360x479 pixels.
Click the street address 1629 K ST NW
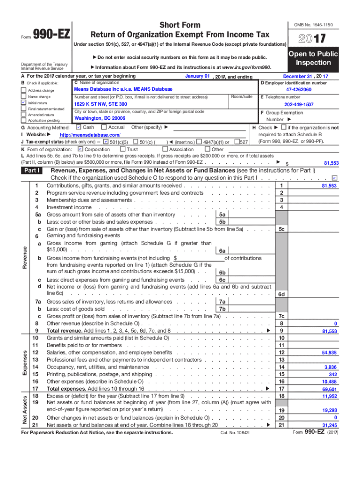[x=101, y=104]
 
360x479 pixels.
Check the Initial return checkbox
[x=24, y=102]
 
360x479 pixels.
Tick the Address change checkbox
[x=24, y=90]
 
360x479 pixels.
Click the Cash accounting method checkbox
[x=79, y=127]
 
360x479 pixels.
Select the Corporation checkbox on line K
[x=80, y=149]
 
